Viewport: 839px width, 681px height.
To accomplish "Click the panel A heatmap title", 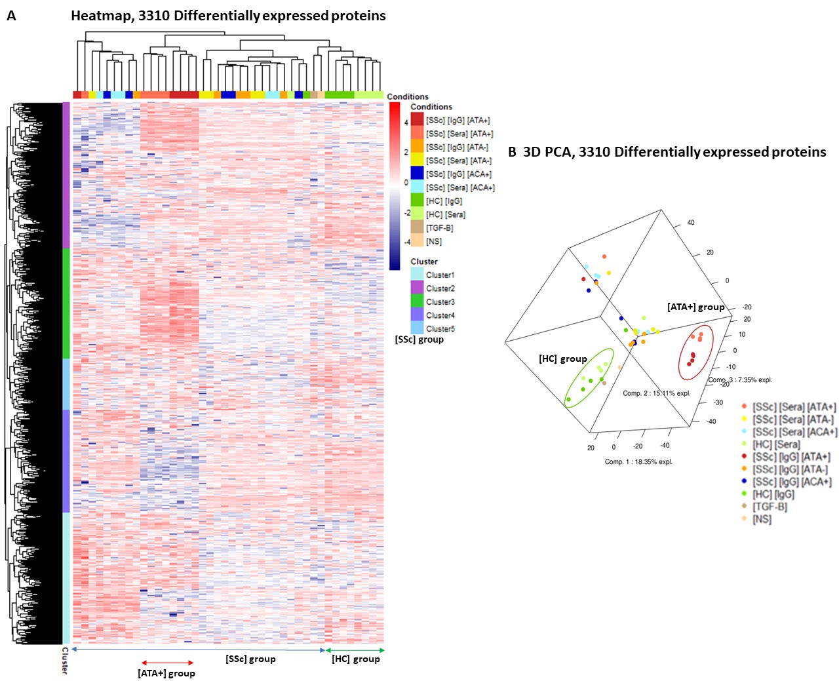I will (228, 16).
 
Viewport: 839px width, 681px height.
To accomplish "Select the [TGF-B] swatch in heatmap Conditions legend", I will (417, 227).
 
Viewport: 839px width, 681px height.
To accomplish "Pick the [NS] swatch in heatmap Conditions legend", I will (417, 241).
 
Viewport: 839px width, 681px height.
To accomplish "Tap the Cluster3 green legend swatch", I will (417, 302).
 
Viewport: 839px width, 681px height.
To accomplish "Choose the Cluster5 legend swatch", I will (417, 328).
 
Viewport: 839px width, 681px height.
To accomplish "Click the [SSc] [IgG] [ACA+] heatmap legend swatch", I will (417, 174).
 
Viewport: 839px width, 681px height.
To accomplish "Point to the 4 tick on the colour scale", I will (406, 123).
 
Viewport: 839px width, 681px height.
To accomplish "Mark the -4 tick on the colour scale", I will (406, 242).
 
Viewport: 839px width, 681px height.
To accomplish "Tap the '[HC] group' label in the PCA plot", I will (562, 359).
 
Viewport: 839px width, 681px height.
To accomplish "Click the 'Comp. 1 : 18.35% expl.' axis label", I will (638, 461).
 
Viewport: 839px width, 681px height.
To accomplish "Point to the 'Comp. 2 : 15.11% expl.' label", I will (656, 393).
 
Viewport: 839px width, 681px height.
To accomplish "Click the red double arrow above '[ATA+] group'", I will (168, 663).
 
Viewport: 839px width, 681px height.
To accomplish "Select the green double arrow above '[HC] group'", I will (355, 650).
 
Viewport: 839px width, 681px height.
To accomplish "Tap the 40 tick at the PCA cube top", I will (691, 223).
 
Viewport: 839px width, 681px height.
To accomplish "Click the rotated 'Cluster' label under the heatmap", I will (65, 660).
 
